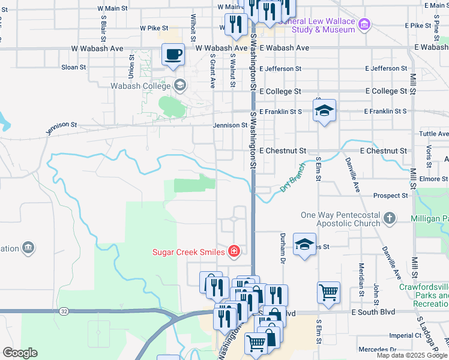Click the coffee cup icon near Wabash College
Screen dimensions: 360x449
[x=173, y=55]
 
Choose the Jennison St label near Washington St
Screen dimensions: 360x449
[x=230, y=125]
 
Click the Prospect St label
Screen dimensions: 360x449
[x=390, y=196]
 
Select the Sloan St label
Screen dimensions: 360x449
[x=74, y=67]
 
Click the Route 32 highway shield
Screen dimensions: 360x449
[x=64, y=311]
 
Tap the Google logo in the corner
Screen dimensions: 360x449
[x=19, y=353]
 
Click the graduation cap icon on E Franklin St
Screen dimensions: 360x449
[x=324, y=111]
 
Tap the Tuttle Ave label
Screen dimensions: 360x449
[x=434, y=134]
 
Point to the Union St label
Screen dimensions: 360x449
[x=131, y=67]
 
